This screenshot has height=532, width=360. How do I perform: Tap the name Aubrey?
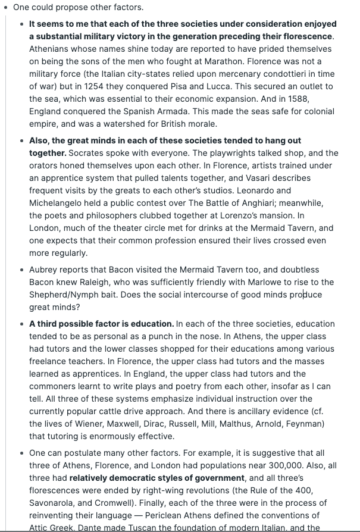pyautogui.click(x=43, y=270)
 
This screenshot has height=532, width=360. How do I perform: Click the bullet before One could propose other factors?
pyautogui.click(x=6, y=8)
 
